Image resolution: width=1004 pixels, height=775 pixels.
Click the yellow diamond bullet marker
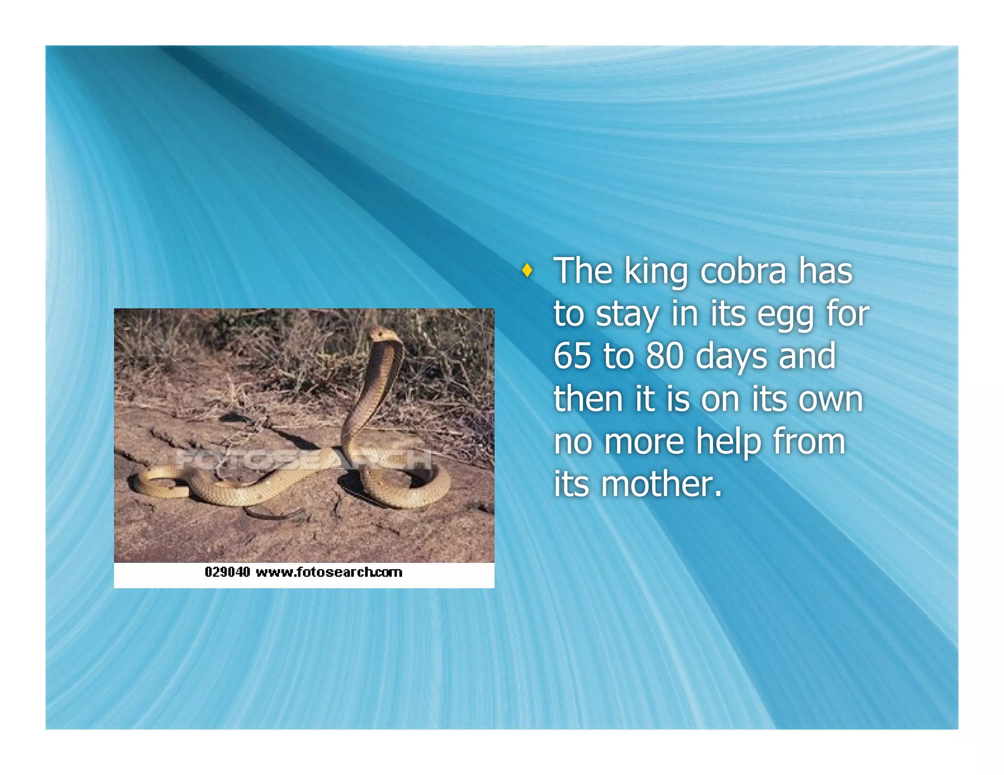pyautogui.click(x=527, y=270)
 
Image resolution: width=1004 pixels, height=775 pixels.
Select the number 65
pyautogui.click(x=572, y=356)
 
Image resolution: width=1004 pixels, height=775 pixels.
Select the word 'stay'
pyautogui.click(x=627, y=315)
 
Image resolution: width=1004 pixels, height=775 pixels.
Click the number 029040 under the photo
pyautogui.click(x=227, y=572)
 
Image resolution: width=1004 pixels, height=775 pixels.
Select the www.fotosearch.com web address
pyautogui.click(x=329, y=572)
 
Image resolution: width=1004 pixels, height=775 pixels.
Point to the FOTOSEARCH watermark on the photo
pyautogui.click(x=304, y=459)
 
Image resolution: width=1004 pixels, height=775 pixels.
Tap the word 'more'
pyautogui.click(x=644, y=442)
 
